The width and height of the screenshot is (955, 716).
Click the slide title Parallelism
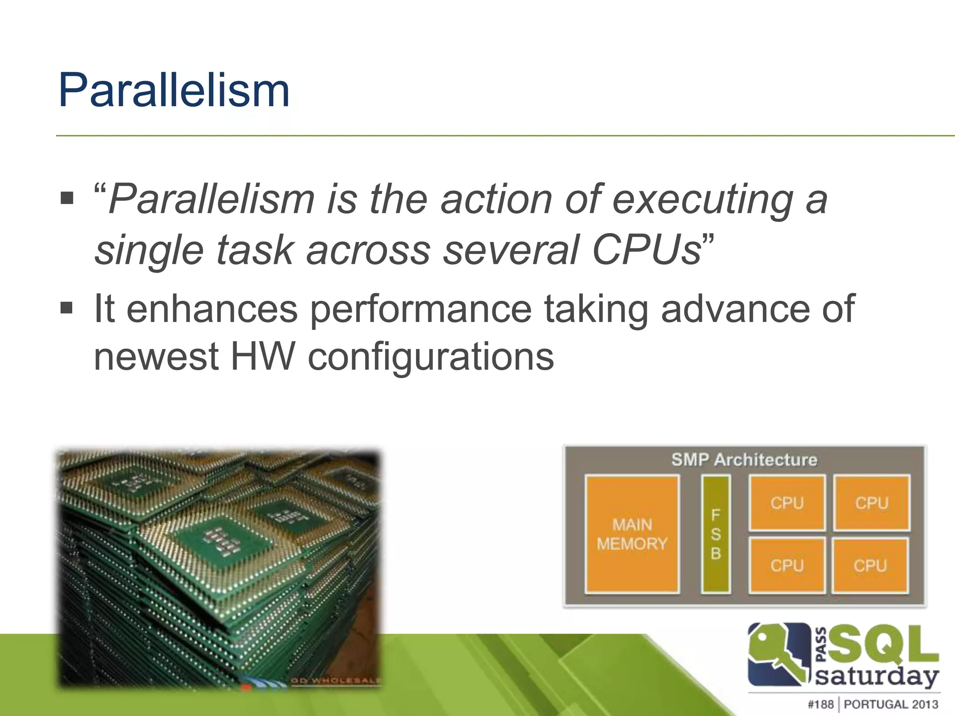[x=173, y=90]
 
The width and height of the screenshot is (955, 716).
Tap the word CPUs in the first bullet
[x=646, y=251]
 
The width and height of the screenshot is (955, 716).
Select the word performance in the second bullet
[x=421, y=309]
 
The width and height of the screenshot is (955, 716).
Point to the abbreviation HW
[x=263, y=357]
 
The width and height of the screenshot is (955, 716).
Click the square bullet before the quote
[x=67, y=198]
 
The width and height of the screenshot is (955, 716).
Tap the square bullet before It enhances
[x=67, y=307]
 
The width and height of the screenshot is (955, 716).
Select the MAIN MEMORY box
[x=632, y=534]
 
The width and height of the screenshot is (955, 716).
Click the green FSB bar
[x=715, y=534]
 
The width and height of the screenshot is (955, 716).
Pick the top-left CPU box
[x=787, y=503]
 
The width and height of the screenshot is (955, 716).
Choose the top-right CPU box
[x=872, y=503]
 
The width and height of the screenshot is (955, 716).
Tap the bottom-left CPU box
[x=787, y=565]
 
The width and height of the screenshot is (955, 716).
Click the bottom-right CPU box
[x=870, y=565]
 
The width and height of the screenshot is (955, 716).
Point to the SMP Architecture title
[x=744, y=460]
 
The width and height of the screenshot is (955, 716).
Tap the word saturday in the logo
[x=877, y=675]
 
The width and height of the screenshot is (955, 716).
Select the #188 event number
[x=821, y=704]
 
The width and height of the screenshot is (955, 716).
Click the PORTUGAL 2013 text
[x=891, y=704]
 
